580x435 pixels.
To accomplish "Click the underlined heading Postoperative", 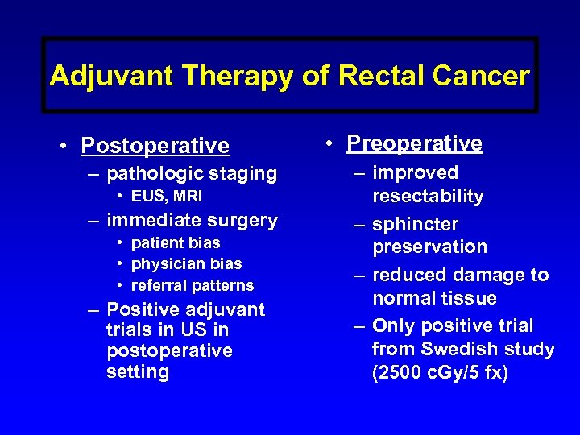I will point(155,146).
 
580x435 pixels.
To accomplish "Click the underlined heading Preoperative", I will point(414,143).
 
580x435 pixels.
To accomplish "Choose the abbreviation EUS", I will point(147,197).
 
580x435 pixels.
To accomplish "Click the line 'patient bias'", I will point(175,242).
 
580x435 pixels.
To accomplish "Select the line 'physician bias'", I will point(186,263).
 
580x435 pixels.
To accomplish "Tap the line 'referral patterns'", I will point(192,285).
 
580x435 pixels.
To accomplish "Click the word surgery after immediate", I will point(241,220).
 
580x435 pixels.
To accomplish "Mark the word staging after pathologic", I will point(243,173).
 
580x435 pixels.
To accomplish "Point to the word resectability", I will point(428,197).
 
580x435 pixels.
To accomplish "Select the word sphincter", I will point(415,224).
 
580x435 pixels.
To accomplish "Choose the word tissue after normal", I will point(467,298).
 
